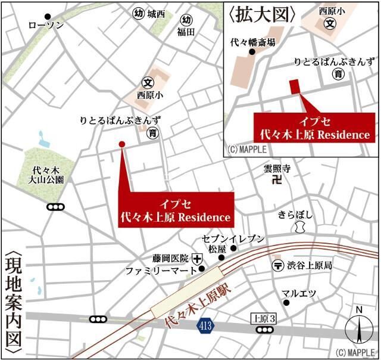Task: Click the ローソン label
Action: pos(46,25)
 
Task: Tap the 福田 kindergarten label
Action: pos(186,33)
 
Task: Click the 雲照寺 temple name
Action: pos(277,169)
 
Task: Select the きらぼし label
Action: pos(296,215)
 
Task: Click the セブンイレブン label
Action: pos(233,238)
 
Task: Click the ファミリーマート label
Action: pos(160,271)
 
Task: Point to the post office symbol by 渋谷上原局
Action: pos(277,265)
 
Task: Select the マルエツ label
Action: pos(299,293)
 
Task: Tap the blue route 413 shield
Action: pos(205,326)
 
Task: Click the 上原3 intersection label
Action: pos(264,319)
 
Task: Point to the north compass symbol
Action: pos(358,329)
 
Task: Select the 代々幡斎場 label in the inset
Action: pos(253,42)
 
